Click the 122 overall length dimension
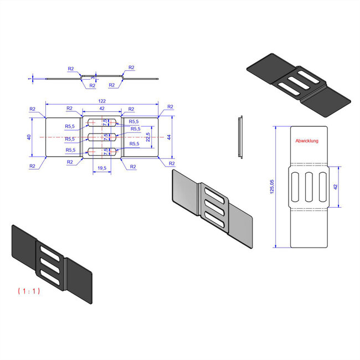[102, 101]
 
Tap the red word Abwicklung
[307, 141]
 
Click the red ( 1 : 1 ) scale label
[28, 290]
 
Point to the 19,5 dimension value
[102, 168]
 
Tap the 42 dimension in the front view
[102, 109]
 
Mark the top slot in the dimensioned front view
[102, 122]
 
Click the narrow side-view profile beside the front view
[240, 137]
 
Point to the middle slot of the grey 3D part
[215, 209]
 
